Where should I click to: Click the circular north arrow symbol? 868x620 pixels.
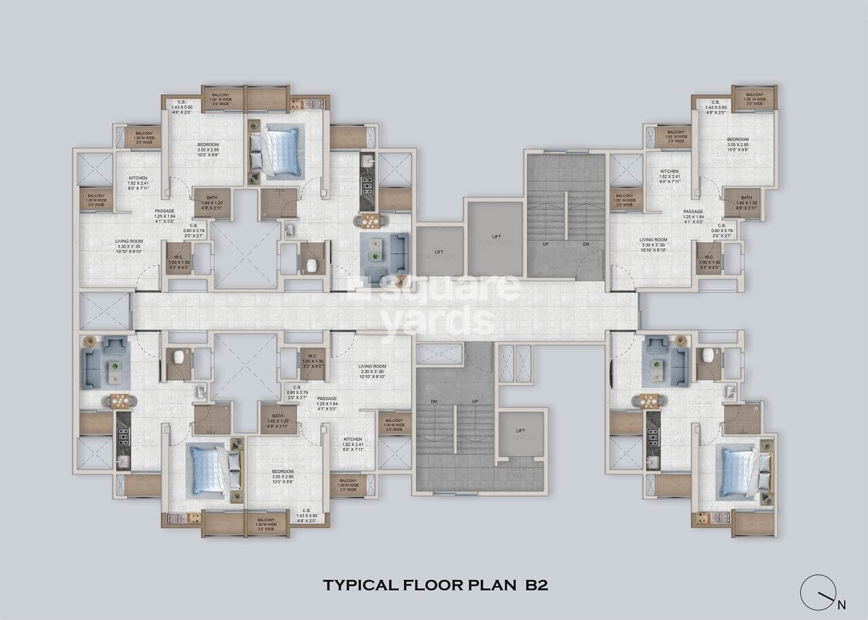point(817,592)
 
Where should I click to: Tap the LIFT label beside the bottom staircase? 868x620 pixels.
point(521,431)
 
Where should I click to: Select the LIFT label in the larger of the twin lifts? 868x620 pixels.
point(496,237)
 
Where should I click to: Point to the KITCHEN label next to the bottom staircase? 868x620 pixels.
point(353,440)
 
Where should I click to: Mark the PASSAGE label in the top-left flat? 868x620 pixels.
point(165,211)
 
